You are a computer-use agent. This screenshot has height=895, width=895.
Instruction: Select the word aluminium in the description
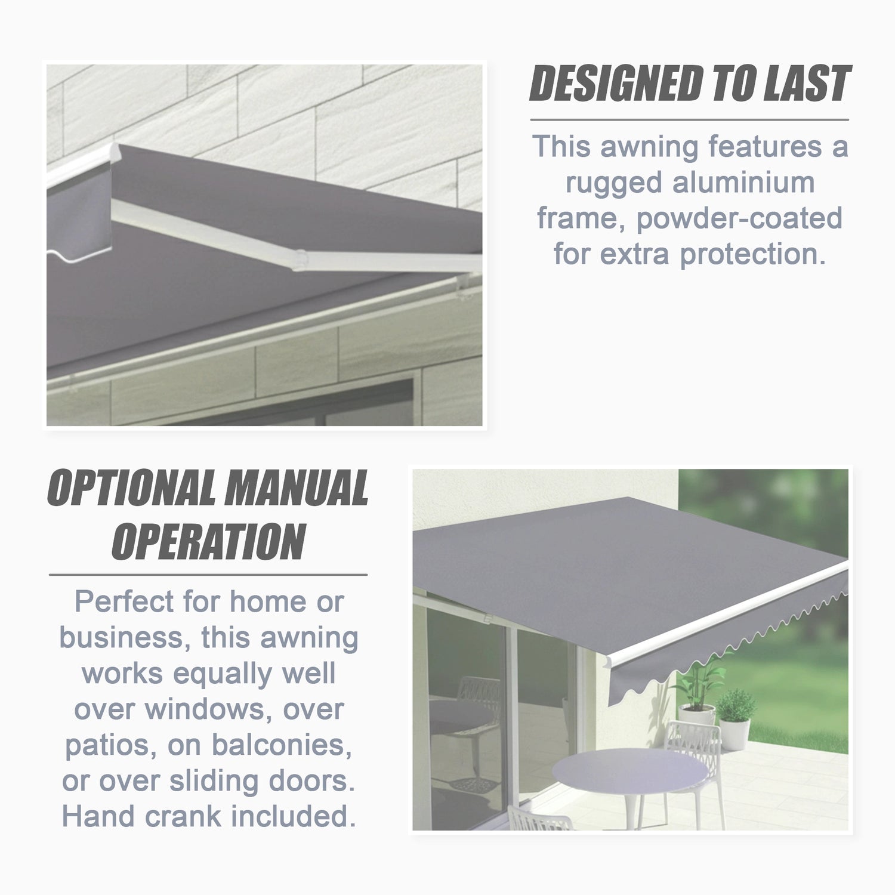click(x=743, y=182)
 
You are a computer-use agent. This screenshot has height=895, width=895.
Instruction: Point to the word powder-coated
click(x=739, y=219)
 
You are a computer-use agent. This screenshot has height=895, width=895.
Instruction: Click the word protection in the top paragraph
click(x=753, y=255)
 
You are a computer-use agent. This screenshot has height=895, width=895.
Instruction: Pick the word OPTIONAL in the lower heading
click(x=132, y=488)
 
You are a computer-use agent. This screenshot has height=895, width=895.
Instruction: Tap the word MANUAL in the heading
click(x=297, y=488)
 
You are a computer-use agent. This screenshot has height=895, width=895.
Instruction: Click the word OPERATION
click(x=209, y=542)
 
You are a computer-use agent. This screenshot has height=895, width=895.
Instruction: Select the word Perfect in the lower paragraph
click(x=124, y=601)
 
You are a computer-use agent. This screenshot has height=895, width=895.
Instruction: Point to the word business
click(x=122, y=637)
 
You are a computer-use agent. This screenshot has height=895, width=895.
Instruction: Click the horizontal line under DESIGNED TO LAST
click(x=689, y=120)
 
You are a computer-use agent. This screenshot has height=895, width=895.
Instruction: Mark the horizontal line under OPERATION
click(x=208, y=575)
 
